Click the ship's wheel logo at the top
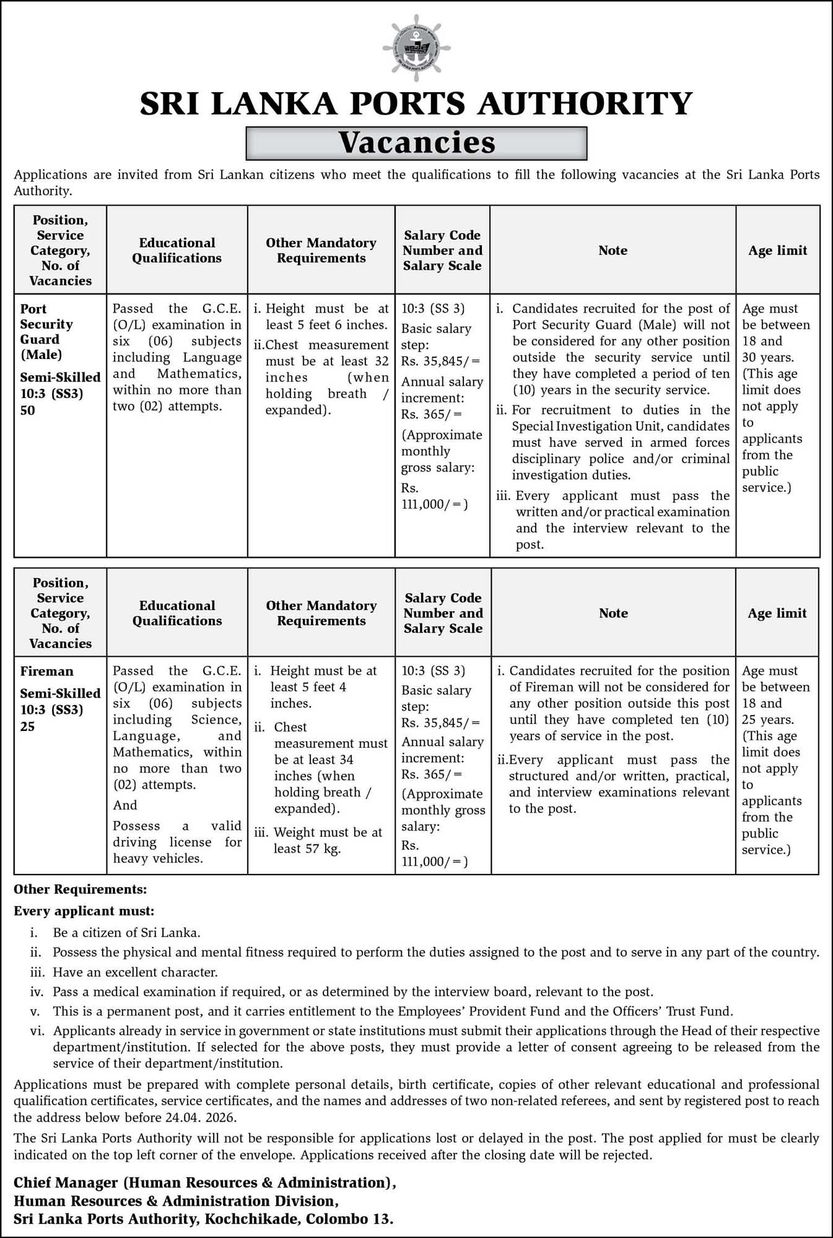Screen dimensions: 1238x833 (416, 48)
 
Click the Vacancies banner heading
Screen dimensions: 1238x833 (416, 143)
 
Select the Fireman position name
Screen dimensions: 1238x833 (46, 672)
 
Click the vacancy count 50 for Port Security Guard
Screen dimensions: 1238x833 (28, 410)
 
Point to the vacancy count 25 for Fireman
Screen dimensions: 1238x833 (28, 726)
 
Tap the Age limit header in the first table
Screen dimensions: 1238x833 (777, 251)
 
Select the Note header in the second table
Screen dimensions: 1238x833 (613, 613)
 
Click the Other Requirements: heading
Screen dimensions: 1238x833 (81, 890)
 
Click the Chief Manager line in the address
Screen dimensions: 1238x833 (204, 1182)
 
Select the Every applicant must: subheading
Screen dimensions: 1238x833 (84, 911)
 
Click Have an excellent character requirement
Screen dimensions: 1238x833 (135, 972)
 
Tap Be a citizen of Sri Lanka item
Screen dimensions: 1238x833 (126, 932)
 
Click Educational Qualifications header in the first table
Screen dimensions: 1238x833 (177, 251)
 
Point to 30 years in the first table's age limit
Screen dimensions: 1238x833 (767, 357)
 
